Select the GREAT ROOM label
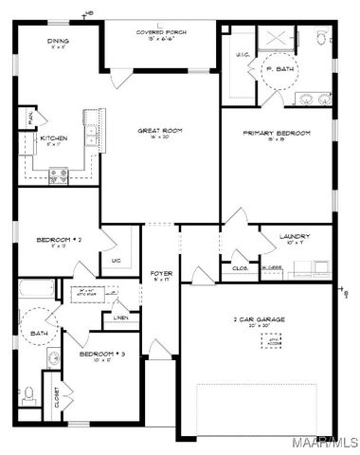pos(159,130)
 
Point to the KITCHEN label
pos(53,138)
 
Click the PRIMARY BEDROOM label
pos(277,133)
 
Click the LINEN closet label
pos(120,316)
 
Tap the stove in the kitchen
pos(59,174)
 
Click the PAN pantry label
pos(29,117)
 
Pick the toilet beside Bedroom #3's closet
pos(28,392)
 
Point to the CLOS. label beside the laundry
pos(240,267)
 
